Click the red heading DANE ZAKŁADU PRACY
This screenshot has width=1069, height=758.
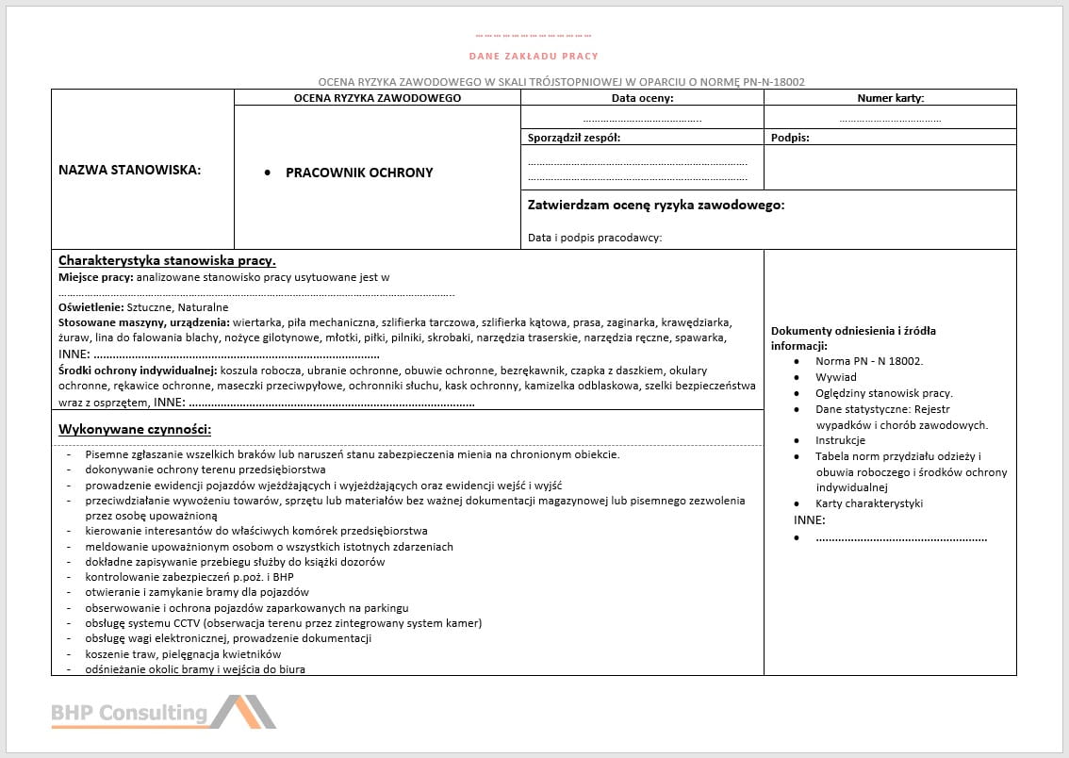pos(534,57)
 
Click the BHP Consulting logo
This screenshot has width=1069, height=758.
pos(163,713)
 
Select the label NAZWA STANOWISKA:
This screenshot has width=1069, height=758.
pos(130,171)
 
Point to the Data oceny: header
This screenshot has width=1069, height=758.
pos(642,98)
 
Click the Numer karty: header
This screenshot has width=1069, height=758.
pos(890,98)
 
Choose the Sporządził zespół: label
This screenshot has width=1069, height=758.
pos(574,138)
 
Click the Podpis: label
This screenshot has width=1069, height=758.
pos(790,138)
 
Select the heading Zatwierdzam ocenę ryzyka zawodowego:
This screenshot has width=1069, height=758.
pos(656,205)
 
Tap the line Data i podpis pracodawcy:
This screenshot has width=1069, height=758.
pos(595,238)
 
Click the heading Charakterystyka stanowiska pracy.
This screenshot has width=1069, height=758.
pos(167,260)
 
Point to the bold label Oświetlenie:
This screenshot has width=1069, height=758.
pos(90,307)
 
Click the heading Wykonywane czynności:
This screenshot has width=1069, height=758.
pos(135,429)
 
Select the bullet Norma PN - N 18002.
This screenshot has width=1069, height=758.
pos(869,361)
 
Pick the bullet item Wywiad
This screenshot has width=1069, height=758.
pos(836,377)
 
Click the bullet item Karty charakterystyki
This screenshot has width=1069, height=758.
pos(869,503)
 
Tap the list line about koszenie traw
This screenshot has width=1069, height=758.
pos(183,654)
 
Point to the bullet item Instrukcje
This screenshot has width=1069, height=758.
pos(840,440)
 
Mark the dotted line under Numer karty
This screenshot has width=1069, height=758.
pos(890,120)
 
